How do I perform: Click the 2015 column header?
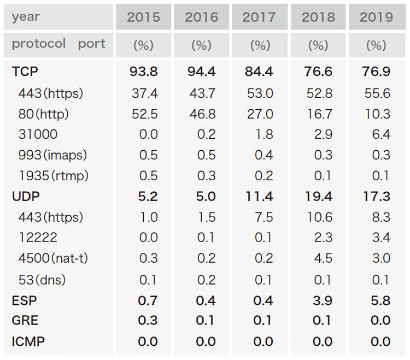[144, 17]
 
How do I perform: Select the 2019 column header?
[376, 17]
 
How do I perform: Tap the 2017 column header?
[260, 17]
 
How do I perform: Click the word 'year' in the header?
[26, 16]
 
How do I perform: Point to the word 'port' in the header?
[91, 44]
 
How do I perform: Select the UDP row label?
[26, 197]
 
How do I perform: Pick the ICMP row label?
[28, 341]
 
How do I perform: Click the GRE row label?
[25, 321]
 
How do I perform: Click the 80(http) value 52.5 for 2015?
[144, 114]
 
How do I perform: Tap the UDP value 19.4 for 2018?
[318, 197]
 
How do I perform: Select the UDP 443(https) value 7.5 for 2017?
[263, 217]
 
